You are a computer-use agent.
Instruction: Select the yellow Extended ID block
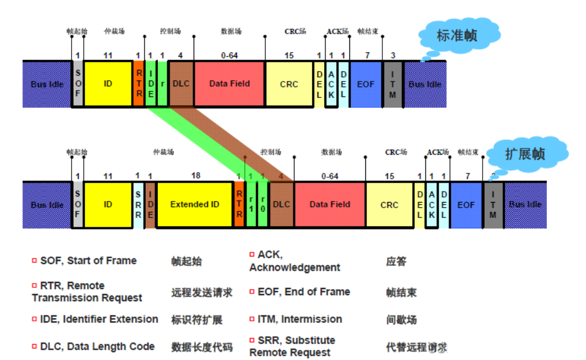(x=194, y=205)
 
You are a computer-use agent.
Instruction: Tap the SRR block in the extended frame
(x=138, y=205)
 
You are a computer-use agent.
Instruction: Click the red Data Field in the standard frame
(x=229, y=84)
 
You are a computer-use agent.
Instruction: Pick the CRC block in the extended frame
(x=389, y=205)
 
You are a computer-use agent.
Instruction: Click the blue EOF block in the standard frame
(x=365, y=84)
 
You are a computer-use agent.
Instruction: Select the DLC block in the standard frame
(x=180, y=84)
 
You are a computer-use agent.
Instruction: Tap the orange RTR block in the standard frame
(x=139, y=84)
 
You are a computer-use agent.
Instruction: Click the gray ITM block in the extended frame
(x=493, y=205)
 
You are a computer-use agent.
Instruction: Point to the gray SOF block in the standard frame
(x=78, y=84)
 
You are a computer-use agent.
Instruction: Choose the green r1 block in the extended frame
(x=251, y=205)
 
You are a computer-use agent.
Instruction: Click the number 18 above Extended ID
(x=195, y=176)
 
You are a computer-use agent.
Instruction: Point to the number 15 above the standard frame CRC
(x=289, y=55)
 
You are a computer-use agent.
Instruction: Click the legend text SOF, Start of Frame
(x=88, y=260)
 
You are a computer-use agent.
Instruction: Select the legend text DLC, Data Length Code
(x=97, y=346)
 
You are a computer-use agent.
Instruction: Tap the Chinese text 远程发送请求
(x=201, y=292)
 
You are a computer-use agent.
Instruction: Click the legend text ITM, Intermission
(x=299, y=319)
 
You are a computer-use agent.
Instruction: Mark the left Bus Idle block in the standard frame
(x=47, y=84)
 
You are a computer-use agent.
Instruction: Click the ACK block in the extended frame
(x=431, y=205)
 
